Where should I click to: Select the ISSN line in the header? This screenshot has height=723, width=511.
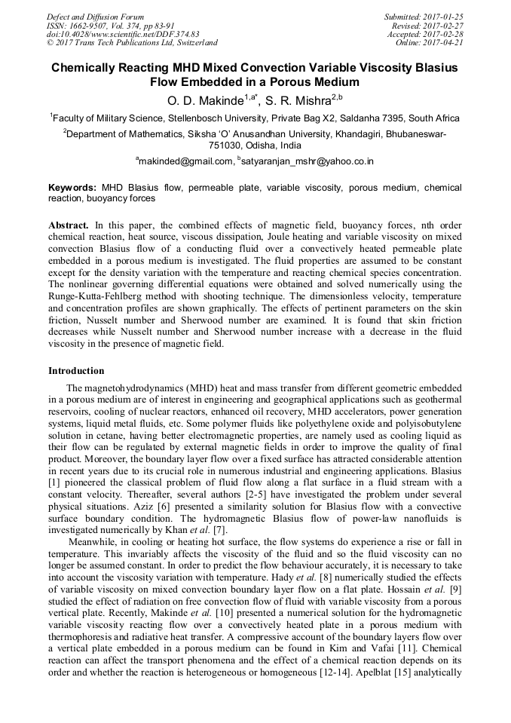click(110, 25)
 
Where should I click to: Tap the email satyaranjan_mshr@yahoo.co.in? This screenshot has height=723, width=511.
click(307, 161)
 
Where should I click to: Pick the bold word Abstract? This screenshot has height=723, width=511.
click(69, 225)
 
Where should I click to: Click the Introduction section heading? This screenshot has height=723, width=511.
click(76, 370)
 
